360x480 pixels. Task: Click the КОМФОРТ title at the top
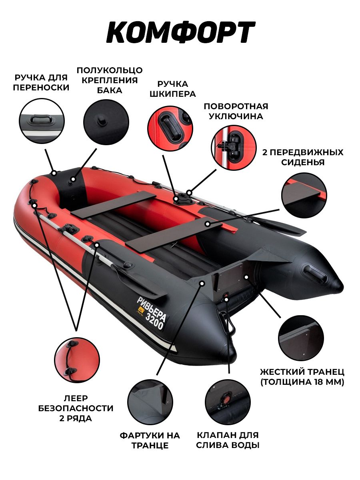tap(180, 32)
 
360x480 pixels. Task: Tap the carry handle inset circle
tap(42, 121)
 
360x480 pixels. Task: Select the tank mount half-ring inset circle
tap(106, 122)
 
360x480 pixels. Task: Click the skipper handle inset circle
tap(170, 128)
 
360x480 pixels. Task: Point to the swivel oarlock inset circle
tap(234, 148)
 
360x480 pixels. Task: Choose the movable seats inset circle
tap(304, 195)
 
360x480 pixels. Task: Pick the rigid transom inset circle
tap(301, 338)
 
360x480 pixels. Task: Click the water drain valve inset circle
tap(228, 402)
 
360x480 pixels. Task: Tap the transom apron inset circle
tap(150, 402)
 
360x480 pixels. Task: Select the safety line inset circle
tap(77, 360)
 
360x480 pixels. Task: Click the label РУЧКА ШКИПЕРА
tap(173, 89)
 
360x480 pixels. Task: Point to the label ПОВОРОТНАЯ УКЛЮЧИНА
tap(236, 111)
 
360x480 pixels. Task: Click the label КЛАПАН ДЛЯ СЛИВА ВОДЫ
tap(228, 440)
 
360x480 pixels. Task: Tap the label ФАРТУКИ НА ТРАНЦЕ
tap(150, 440)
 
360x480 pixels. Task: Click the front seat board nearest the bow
tap(113, 204)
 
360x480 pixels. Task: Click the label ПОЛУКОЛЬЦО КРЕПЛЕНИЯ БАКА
tap(110, 80)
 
